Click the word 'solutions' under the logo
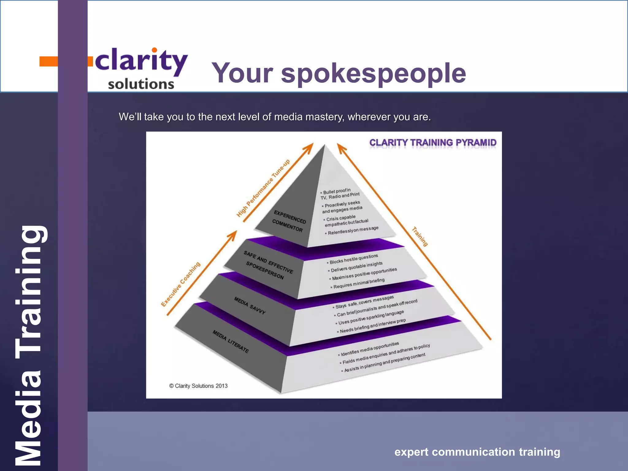point(141,84)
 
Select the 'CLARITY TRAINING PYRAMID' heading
point(433,143)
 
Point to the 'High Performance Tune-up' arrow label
point(263,188)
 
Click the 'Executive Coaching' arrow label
point(181,284)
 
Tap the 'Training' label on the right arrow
point(419,236)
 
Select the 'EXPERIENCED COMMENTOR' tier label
point(289,221)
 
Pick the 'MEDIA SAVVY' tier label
point(250,305)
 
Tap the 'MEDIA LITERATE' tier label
point(231,342)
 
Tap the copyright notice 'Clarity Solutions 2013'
point(198,386)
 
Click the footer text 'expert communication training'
point(477,452)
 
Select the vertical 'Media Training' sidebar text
point(29,345)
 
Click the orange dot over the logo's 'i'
point(155,50)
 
